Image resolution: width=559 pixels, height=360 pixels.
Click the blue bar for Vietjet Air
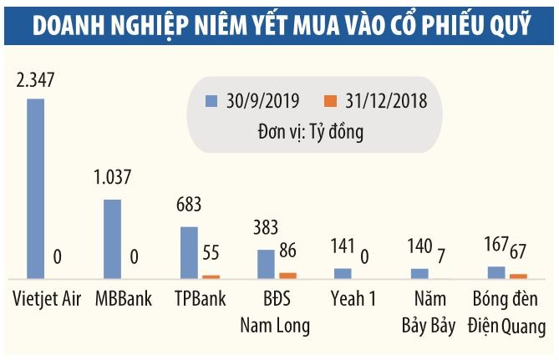(x=36, y=188)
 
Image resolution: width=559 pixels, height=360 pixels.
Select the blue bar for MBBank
(x=111, y=238)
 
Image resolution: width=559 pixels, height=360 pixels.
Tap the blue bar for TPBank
(x=190, y=251)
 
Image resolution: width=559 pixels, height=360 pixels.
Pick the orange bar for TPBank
(x=211, y=276)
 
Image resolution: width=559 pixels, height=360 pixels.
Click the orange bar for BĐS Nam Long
(x=287, y=275)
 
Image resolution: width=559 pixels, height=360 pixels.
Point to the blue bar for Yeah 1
(x=343, y=273)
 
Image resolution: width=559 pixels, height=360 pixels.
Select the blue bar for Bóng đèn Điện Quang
(x=496, y=271)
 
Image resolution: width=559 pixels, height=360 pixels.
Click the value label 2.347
(x=36, y=81)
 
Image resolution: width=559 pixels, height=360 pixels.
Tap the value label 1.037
(x=113, y=178)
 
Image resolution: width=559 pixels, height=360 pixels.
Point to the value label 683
(x=190, y=205)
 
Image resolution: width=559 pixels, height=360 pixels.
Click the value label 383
(x=267, y=229)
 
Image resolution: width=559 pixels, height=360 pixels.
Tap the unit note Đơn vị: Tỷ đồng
(x=311, y=129)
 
